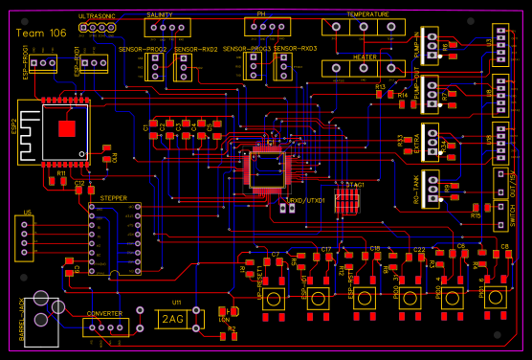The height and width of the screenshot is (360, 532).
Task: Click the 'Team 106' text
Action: coord(42,33)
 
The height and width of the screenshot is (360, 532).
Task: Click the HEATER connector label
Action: coord(365,56)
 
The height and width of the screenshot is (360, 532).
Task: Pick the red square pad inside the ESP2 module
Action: coord(66,128)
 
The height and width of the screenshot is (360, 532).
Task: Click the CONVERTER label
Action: coord(104,314)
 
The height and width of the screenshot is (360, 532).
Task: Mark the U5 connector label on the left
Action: coord(27,212)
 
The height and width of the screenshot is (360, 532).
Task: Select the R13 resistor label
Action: coord(380,86)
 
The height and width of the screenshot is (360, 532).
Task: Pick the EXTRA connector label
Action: coord(417,140)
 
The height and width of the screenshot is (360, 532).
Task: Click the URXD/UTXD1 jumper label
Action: coord(307,201)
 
